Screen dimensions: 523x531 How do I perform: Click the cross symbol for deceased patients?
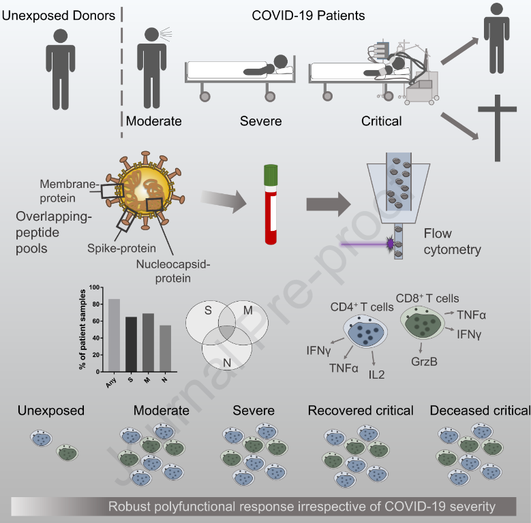click(501, 127)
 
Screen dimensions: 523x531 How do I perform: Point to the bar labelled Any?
click(114, 334)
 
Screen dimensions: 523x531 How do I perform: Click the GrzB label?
click(424, 360)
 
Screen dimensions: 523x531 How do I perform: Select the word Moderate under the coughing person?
click(154, 122)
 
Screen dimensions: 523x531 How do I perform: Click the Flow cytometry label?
click(451, 242)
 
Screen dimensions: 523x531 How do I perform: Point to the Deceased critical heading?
click(480, 411)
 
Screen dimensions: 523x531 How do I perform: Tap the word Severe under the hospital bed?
click(260, 122)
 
